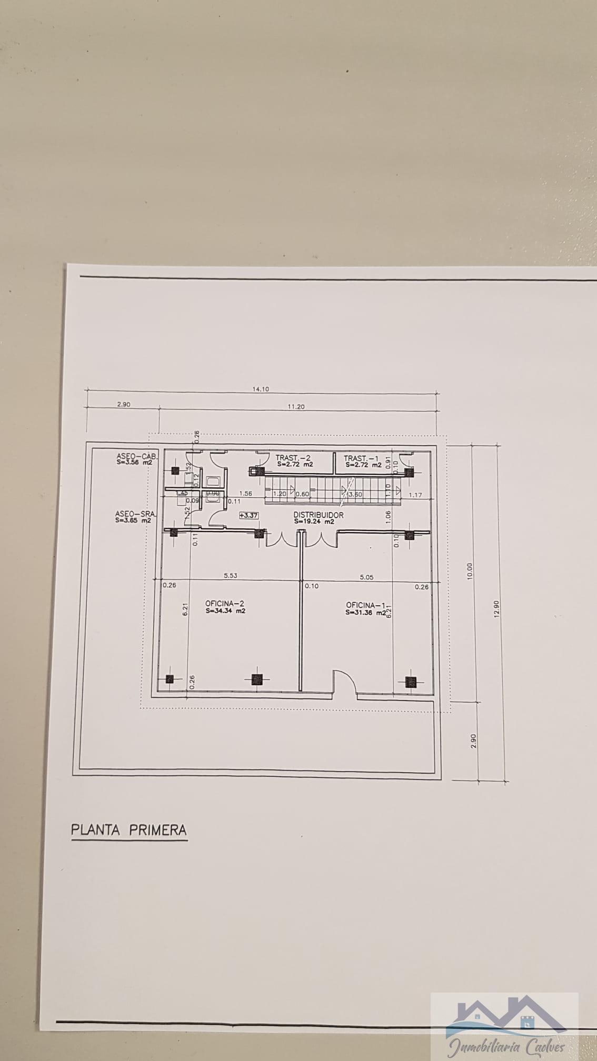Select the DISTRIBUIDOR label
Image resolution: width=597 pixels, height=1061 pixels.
[x=319, y=515]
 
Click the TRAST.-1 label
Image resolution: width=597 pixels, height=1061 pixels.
[x=361, y=458]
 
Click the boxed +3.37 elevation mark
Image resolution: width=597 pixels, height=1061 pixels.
[x=248, y=515]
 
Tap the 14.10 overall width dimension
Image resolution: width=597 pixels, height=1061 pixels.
[x=261, y=389]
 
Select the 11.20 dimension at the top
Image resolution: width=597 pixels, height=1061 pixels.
[x=296, y=406]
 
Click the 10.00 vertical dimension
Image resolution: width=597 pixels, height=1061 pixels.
[x=470, y=571]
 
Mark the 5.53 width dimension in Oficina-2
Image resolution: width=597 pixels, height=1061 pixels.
[x=230, y=575]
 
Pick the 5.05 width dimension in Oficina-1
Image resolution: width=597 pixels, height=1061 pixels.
[x=366, y=577]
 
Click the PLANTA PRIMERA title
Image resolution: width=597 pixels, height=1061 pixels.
[x=129, y=830]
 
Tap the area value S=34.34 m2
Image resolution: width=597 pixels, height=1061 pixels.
[x=226, y=611]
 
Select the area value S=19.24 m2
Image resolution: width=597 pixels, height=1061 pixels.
[x=314, y=522]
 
